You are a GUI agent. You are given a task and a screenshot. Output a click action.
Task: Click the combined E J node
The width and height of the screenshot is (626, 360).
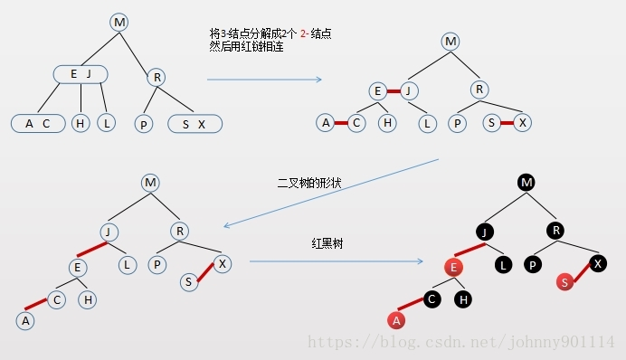[x=81, y=73]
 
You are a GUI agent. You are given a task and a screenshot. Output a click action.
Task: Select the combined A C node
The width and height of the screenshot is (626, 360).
[x=37, y=123]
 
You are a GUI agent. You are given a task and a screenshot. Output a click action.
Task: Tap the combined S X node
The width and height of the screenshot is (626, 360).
[x=194, y=123]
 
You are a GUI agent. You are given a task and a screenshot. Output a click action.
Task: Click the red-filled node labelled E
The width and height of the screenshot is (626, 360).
[x=454, y=267]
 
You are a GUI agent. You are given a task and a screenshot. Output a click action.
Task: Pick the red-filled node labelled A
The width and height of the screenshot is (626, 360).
[x=394, y=318]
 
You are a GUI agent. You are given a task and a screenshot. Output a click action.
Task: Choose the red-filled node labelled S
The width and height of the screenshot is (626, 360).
[x=564, y=282]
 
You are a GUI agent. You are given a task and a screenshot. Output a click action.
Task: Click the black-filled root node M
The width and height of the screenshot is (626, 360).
[x=526, y=182]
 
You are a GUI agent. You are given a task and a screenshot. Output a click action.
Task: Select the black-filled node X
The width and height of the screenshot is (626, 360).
[x=598, y=263]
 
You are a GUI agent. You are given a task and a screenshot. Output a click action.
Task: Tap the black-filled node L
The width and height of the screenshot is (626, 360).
[x=504, y=265]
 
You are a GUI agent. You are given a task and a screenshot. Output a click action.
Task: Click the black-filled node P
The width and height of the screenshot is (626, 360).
[x=533, y=265]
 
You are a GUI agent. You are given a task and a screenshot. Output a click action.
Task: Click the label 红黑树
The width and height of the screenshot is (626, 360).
[x=326, y=244]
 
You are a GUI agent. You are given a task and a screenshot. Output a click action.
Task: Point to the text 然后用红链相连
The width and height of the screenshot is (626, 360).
[x=247, y=47]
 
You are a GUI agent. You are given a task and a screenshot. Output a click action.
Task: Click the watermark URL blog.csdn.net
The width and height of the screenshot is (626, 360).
[x=461, y=341]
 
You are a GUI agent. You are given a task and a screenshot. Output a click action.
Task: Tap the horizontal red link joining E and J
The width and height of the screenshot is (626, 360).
[x=394, y=90]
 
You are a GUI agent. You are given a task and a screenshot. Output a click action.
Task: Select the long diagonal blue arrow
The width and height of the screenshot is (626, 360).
[x=331, y=193]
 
